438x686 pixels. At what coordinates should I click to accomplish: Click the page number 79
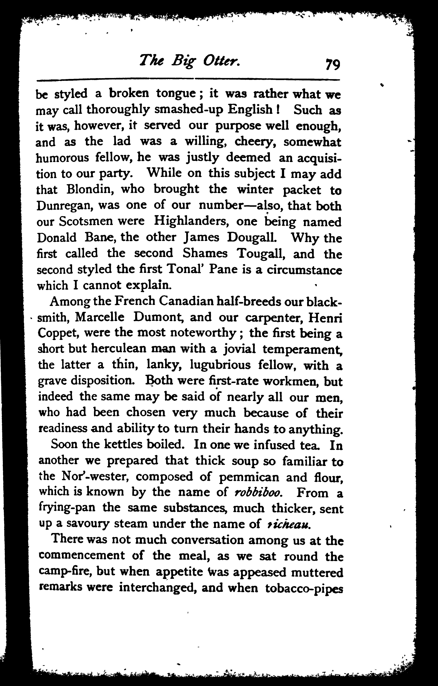[332, 64]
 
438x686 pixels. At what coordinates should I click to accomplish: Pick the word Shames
[205, 253]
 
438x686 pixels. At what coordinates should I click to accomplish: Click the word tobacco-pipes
[304, 588]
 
